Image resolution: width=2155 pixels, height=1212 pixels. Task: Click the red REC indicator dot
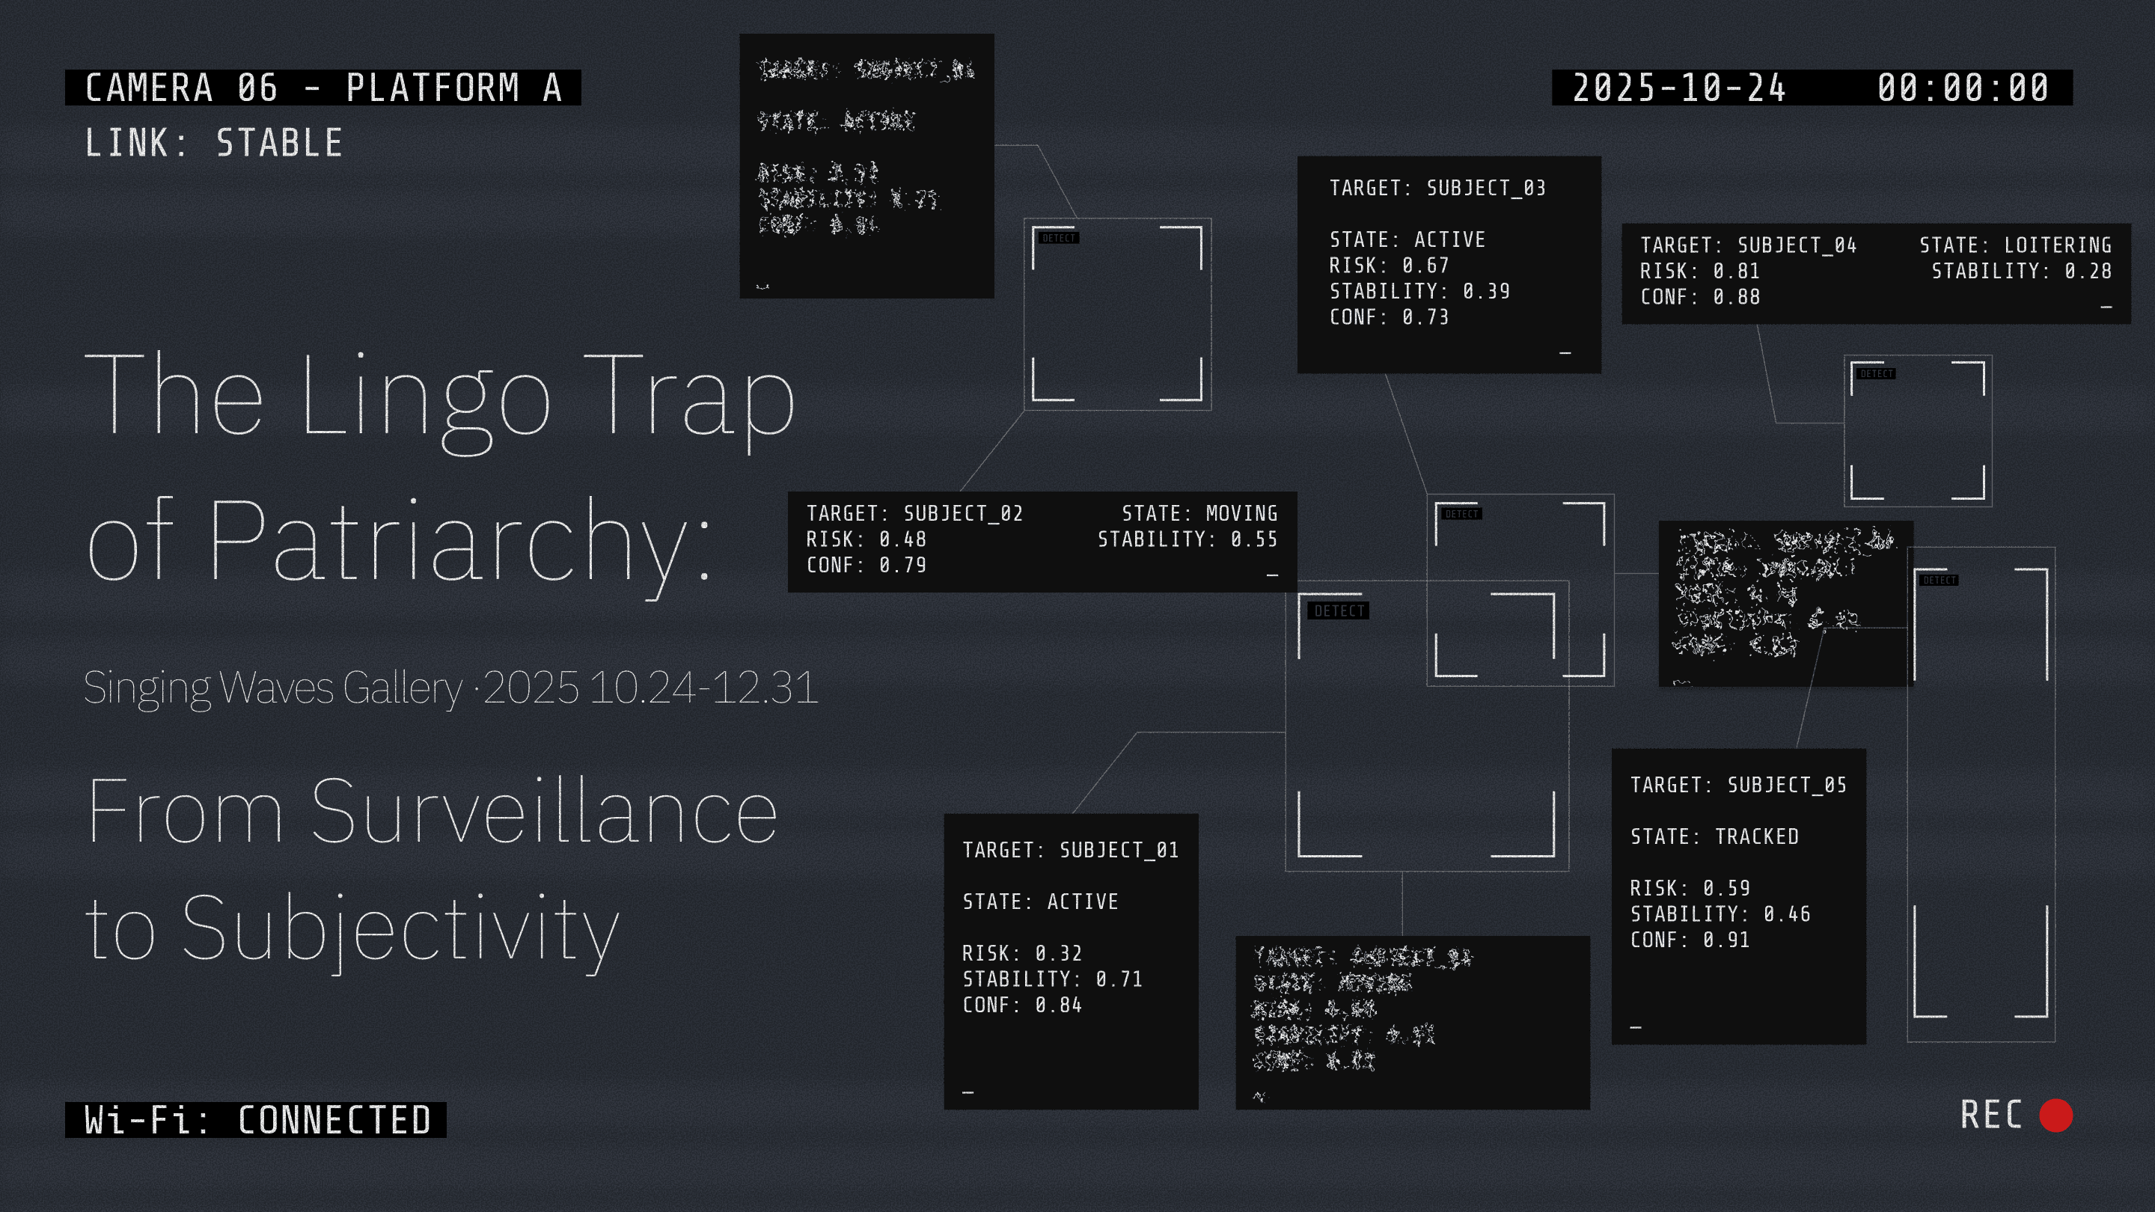[2055, 1115]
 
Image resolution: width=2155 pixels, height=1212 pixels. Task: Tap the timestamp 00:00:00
[1963, 88]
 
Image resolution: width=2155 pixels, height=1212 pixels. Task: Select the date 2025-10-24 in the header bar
[1679, 88]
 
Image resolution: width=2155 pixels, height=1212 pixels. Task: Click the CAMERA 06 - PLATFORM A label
[323, 88]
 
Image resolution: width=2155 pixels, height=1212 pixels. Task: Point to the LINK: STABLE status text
[213, 143]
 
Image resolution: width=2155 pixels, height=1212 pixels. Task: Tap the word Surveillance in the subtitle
[544, 811]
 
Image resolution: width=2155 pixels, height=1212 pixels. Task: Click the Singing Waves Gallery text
[272, 688]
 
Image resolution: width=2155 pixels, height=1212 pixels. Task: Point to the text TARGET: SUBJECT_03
[1437, 189]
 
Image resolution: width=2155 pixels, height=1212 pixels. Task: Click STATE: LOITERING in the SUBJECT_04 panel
[2014, 245]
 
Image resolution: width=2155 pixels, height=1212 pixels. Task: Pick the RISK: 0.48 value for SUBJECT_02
[866, 539]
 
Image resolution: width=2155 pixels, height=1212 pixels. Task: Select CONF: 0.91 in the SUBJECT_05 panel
[1689, 940]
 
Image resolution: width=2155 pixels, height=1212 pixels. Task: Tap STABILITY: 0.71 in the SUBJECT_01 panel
[1051, 979]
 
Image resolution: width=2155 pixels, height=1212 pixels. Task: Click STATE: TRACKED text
[1714, 836]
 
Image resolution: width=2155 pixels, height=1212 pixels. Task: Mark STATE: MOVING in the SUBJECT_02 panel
[1199, 513]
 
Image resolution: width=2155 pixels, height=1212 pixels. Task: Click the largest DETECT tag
[1339, 610]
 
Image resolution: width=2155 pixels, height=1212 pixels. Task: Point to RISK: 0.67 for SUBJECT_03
[1389, 265]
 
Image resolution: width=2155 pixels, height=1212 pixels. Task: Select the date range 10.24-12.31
[703, 688]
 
